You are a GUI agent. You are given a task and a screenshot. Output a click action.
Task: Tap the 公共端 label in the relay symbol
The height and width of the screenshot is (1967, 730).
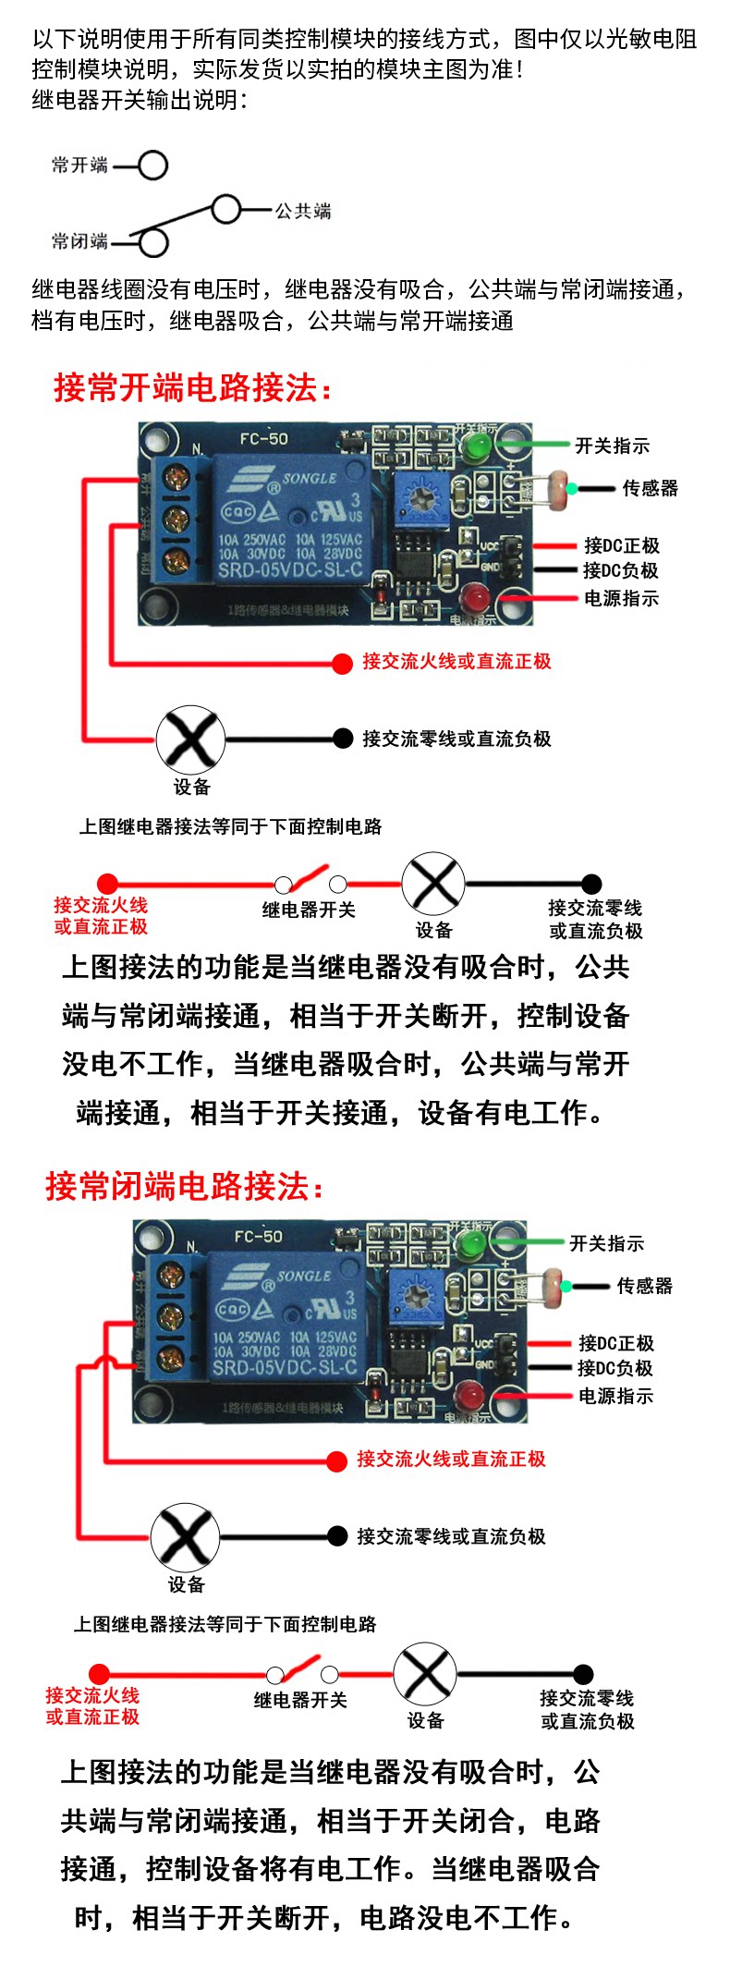click(303, 211)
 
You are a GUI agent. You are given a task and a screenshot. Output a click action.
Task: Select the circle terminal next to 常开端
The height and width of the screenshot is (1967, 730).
click(153, 165)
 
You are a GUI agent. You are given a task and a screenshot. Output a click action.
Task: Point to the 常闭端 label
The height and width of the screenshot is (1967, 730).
click(79, 241)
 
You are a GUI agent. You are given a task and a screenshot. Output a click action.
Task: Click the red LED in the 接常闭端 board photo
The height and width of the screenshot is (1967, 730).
click(471, 1394)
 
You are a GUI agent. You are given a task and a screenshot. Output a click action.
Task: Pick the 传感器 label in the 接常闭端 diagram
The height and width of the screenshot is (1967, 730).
click(645, 1286)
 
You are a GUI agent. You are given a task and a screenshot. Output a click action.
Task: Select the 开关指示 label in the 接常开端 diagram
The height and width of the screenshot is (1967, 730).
click(612, 446)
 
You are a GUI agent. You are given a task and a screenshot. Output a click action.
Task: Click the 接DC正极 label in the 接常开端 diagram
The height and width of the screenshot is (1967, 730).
click(621, 545)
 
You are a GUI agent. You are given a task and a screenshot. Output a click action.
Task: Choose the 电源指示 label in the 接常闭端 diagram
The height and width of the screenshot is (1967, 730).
click(615, 1396)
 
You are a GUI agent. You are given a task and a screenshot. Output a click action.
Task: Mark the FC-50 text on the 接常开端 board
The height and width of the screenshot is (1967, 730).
click(264, 438)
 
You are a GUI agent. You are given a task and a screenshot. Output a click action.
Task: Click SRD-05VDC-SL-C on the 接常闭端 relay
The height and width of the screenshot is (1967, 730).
click(285, 1367)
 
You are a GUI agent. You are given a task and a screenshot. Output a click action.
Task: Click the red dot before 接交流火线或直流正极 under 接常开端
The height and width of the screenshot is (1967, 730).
click(343, 663)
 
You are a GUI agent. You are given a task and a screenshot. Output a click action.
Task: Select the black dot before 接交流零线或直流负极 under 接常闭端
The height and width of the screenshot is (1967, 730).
click(338, 1536)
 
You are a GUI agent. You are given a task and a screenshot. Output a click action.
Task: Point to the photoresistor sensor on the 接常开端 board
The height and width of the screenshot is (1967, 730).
click(558, 486)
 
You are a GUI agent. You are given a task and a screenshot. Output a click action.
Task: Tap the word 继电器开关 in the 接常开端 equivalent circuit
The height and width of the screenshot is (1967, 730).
click(309, 910)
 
